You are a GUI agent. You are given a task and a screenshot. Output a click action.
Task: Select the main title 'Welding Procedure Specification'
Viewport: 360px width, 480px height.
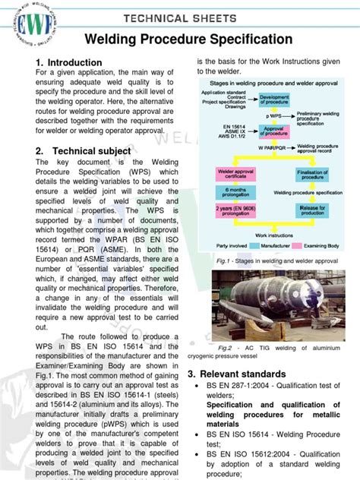click(188, 39)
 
